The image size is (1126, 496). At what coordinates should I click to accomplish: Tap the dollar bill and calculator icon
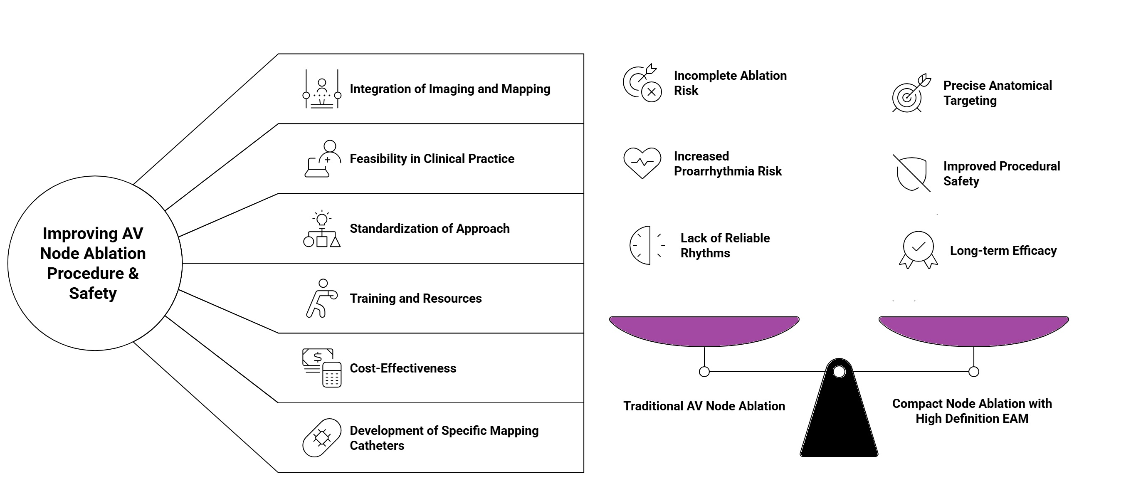pyautogui.click(x=322, y=368)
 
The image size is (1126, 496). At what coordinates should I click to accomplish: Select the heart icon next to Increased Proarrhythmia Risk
pyautogui.click(x=642, y=163)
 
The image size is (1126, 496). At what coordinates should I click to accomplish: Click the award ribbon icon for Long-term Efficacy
pyautogui.click(x=918, y=250)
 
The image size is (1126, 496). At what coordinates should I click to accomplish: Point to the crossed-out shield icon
pyautogui.click(x=911, y=173)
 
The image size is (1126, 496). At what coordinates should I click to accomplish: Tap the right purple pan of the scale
pyautogui.click(x=973, y=331)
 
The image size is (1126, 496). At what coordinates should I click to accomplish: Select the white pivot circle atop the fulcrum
pyautogui.click(x=839, y=371)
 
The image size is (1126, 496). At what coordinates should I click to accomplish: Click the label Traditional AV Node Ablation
pyautogui.click(x=704, y=406)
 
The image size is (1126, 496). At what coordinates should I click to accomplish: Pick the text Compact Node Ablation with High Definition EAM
pyautogui.click(x=972, y=411)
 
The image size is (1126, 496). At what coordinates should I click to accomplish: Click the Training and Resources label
pyautogui.click(x=415, y=299)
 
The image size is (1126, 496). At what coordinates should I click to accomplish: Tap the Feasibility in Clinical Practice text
pyautogui.click(x=432, y=159)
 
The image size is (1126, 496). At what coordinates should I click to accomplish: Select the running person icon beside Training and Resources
pyautogui.click(x=322, y=298)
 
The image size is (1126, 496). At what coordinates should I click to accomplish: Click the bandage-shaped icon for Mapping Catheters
pyautogui.click(x=322, y=438)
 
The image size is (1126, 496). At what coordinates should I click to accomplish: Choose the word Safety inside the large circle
pyautogui.click(x=93, y=293)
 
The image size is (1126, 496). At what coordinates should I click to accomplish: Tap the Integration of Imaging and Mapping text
pyautogui.click(x=450, y=89)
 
